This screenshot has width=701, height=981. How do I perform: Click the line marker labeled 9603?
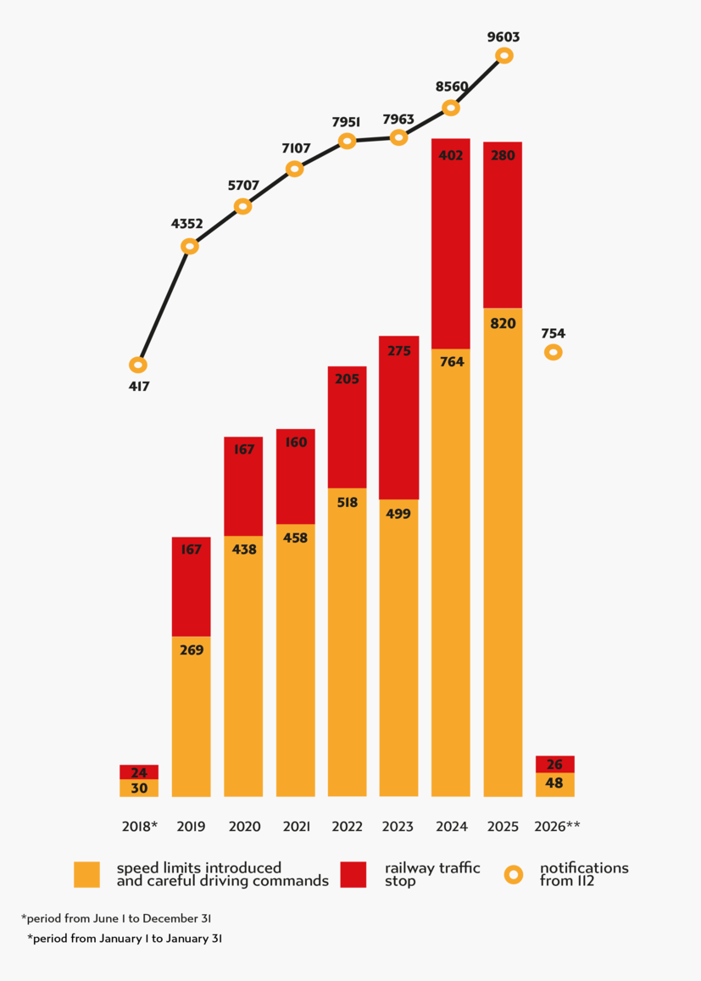(x=503, y=55)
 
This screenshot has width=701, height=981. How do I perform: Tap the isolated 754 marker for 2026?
(x=553, y=351)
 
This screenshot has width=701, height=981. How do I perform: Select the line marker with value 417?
(x=138, y=365)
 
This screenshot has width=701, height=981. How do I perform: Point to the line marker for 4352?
(x=190, y=246)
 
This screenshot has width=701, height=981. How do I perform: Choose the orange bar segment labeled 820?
(x=503, y=551)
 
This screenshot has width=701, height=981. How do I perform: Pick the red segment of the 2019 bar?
(x=191, y=587)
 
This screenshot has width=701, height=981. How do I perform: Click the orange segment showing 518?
(x=347, y=642)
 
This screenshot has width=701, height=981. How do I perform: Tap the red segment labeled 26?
(x=554, y=764)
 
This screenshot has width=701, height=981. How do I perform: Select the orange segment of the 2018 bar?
(x=139, y=788)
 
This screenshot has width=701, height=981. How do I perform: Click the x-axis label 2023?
(x=398, y=827)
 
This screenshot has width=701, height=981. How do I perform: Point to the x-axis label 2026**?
(x=557, y=827)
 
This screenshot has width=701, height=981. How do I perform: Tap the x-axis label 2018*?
(x=139, y=827)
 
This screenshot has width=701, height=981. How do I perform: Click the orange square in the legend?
(x=86, y=874)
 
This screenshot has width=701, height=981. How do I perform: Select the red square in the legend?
(x=353, y=874)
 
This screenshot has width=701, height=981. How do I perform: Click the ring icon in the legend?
(x=514, y=874)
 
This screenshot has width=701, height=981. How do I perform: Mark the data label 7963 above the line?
(x=398, y=120)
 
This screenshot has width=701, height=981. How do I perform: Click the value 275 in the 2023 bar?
(x=398, y=350)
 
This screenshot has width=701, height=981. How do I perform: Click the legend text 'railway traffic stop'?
(x=432, y=874)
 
